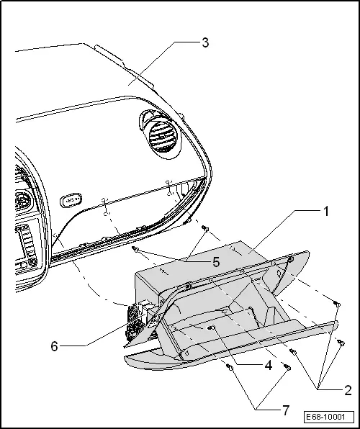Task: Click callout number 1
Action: [325, 212]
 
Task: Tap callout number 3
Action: [205, 42]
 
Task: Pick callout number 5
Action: [215, 263]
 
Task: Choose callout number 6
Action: [55, 346]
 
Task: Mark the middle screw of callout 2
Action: [339, 340]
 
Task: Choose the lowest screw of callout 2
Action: [294, 351]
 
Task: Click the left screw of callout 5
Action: [135, 250]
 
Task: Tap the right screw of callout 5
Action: [204, 228]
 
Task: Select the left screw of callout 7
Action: [229, 367]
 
